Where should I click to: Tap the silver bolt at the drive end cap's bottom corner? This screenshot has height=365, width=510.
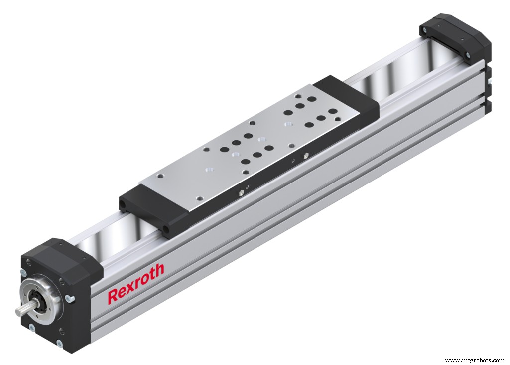(60, 343)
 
